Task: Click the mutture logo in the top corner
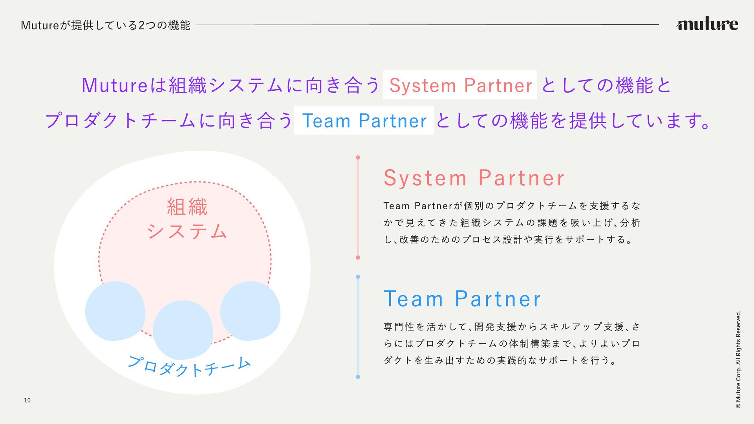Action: pyautogui.click(x=707, y=24)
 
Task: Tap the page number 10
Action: pyautogui.click(x=27, y=400)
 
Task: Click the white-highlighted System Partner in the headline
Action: pyautogui.click(x=460, y=85)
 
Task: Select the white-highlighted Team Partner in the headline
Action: pyautogui.click(x=364, y=121)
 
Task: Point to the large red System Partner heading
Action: pyautogui.click(x=474, y=178)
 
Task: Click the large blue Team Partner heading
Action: pyautogui.click(x=462, y=299)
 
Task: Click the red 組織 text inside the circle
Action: pyautogui.click(x=187, y=207)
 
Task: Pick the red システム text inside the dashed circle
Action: pyautogui.click(x=187, y=231)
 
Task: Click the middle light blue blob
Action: pyautogui.click(x=183, y=330)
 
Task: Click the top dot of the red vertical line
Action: pyautogui.click(x=358, y=157)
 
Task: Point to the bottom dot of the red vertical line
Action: pyautogui.click(x=358, y=258)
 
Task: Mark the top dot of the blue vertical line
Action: pyautogui.click(x=358, y=277)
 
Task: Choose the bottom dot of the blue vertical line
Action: pyautogui.click(x=358, y=377)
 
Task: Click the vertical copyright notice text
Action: pyautogui.click(x=738, y=360)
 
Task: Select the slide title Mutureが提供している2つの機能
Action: pyautogui.click(x=105, y=26)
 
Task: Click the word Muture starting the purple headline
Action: pyautogui.click(x=114, y=85)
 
